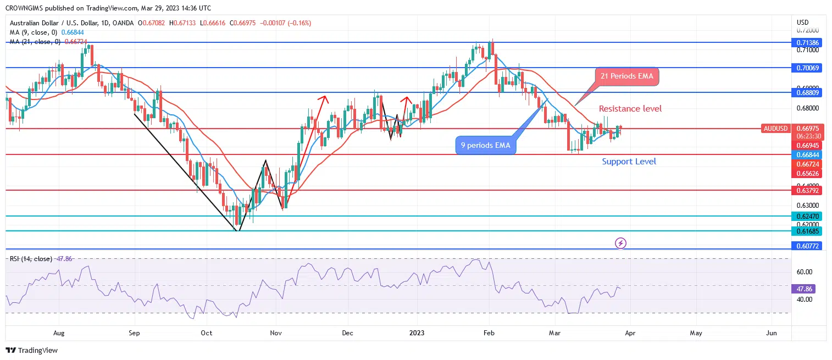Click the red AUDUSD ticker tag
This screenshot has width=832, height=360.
click(775, 129)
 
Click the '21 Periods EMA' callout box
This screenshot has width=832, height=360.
click(627, 76)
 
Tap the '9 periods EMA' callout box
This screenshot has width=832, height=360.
click(486, 146)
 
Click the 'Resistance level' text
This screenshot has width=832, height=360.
click(630, 109)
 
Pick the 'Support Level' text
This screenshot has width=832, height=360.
click(629, 162)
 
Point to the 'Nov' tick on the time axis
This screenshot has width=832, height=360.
click(276, 333)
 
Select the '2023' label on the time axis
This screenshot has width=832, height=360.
click(417, 333)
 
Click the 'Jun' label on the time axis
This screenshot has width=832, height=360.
click(771, 333)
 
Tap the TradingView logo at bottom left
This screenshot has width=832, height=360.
click(31, 351)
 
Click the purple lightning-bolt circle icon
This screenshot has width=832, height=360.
click(620, 243)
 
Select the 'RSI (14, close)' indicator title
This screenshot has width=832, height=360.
click(31, 258)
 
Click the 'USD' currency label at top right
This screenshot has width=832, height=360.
click(802, 23)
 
